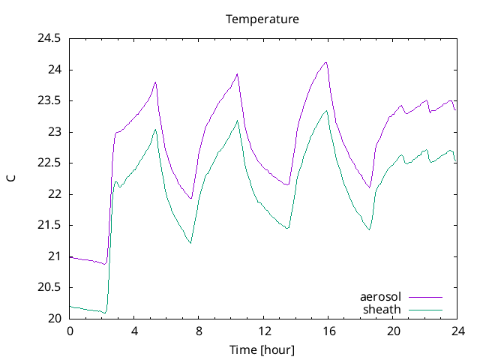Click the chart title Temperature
(262, 19)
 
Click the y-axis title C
(11, 178)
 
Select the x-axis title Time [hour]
(262, 349)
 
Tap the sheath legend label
(382, 309)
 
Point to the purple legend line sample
(425, 297)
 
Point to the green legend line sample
(425, 309)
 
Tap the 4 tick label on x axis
(134, 331)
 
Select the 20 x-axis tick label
(393, 331)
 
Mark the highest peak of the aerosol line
(326, 62)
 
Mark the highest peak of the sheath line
(326, 111)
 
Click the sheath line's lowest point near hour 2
(106, 312)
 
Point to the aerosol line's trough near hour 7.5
(191, 199)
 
